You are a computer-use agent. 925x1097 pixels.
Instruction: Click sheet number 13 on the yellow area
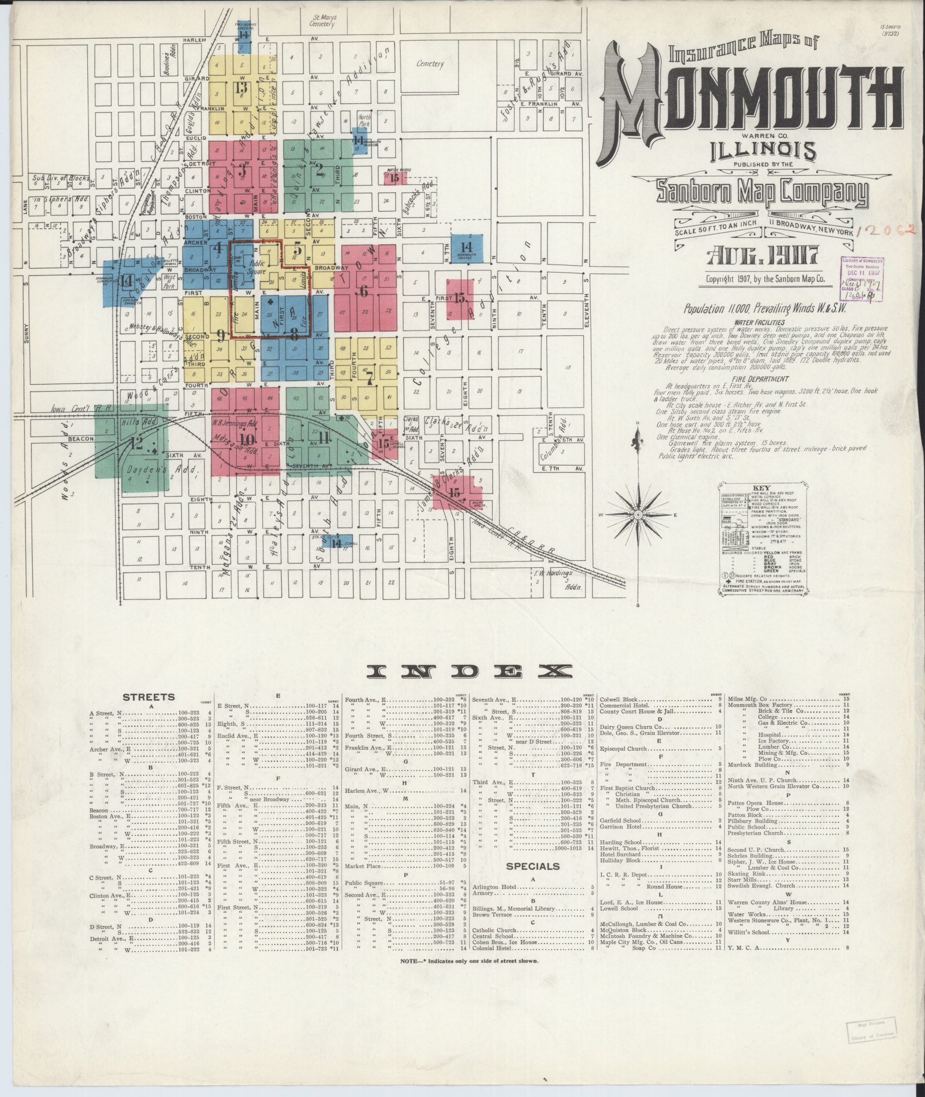241,88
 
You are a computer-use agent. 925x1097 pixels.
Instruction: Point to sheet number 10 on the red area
247,439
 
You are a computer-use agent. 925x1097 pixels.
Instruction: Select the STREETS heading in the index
148,697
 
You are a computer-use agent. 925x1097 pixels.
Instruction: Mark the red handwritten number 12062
886,231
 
